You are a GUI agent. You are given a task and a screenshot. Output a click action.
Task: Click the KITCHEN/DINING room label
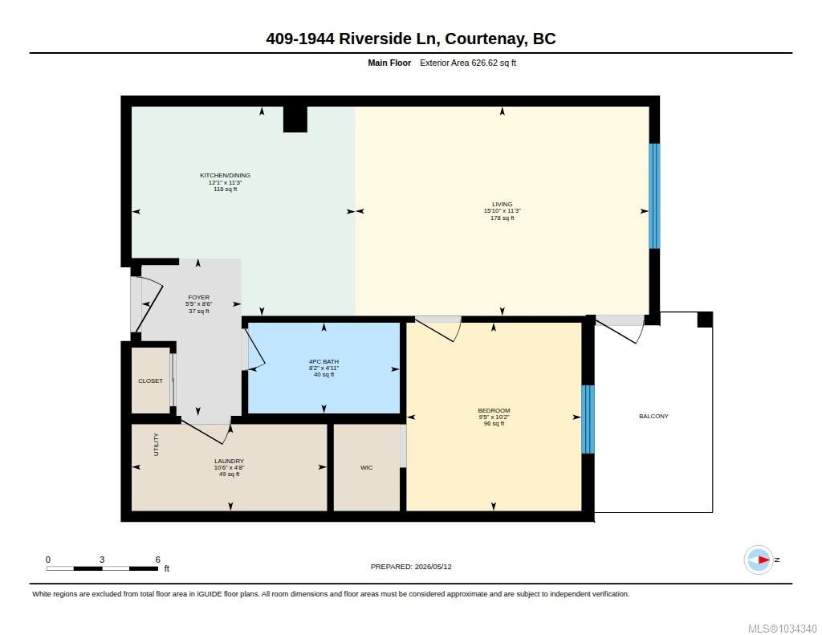[225, 175]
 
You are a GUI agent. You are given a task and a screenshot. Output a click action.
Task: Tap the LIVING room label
[503, 204]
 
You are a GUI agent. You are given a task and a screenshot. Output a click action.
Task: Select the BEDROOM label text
[494, 410]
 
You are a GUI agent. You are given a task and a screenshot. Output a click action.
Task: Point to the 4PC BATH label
[324, 361]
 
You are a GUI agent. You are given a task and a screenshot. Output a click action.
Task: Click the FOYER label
[199, 297]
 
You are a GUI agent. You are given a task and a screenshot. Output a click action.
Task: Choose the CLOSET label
[150, 381]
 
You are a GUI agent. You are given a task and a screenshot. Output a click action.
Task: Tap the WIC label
[366, 467]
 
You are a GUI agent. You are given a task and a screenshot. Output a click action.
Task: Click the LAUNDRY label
[229, 461]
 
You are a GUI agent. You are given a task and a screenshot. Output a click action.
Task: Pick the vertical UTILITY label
[156, 444]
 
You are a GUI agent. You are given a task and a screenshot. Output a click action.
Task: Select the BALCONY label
[653, 416]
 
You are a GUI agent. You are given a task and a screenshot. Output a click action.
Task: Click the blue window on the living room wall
[654, 196]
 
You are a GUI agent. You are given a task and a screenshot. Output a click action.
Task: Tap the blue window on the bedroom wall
[588, 419]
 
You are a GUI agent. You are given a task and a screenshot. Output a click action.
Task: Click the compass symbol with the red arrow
[759, 560]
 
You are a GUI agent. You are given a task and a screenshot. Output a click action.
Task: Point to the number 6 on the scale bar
[158, 560]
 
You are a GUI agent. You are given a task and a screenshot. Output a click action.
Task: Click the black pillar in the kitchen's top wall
[295, 119]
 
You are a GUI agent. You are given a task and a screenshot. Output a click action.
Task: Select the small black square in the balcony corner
[705, 320]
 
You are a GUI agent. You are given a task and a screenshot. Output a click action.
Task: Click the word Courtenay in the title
[486, 39]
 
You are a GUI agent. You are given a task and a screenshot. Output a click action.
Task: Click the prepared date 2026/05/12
[433, 567]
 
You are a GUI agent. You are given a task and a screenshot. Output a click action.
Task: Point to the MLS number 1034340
[798, 629]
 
